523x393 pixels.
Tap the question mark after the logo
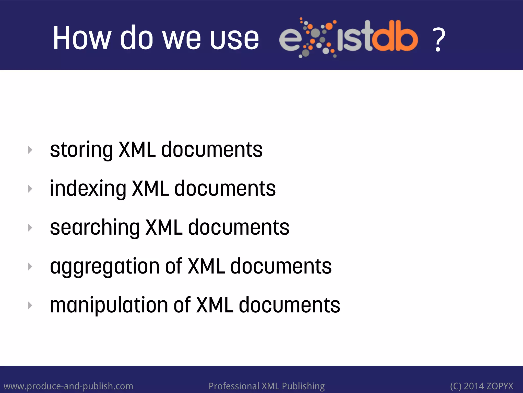(438, 40)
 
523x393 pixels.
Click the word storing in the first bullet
(81, 150)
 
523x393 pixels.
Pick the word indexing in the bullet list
(88, 189)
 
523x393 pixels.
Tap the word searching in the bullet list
(95, 228)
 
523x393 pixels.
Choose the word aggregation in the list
(105, 267)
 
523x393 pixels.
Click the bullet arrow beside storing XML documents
(30, 150)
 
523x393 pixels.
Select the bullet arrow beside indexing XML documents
(30, 189)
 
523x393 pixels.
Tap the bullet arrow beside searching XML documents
(30, 228)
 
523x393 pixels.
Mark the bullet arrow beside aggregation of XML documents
(30, 267)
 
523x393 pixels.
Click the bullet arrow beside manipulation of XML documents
(30, 305)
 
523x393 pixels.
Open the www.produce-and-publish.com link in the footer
(68, 386)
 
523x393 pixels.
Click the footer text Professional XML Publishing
(267, 386)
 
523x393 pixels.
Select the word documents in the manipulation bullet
(289, 305)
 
